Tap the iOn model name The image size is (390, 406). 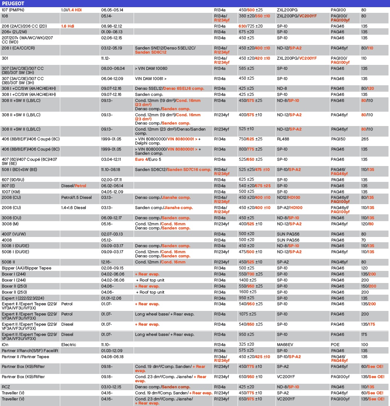click(5, 344)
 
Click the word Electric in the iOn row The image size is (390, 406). click(69, 344)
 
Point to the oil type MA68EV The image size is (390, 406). click(284, 344)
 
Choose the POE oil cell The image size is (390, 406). click(335, 344)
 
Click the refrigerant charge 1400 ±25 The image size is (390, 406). click(248, 280)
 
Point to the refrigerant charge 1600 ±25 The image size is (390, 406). click(248, 292)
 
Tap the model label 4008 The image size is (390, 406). click(7, 240)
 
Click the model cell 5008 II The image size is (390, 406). click(10, 262)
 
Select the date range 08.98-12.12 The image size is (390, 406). click(111, 26)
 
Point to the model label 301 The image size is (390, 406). click(5, 58)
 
